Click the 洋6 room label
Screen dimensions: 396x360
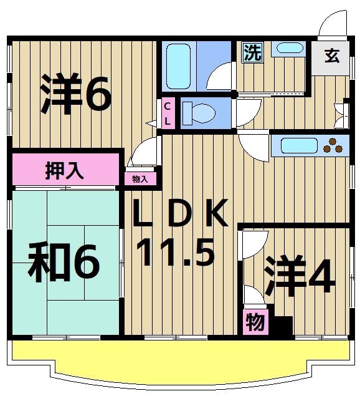[x=76, y=94]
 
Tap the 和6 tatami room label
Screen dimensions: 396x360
[x=64, y=264]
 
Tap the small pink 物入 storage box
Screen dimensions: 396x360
[x=140, y=179]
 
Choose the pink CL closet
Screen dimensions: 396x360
[x=168, y=114]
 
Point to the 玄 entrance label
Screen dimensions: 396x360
[x=331, y=56]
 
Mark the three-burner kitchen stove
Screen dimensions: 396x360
[x=336, y=145]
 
